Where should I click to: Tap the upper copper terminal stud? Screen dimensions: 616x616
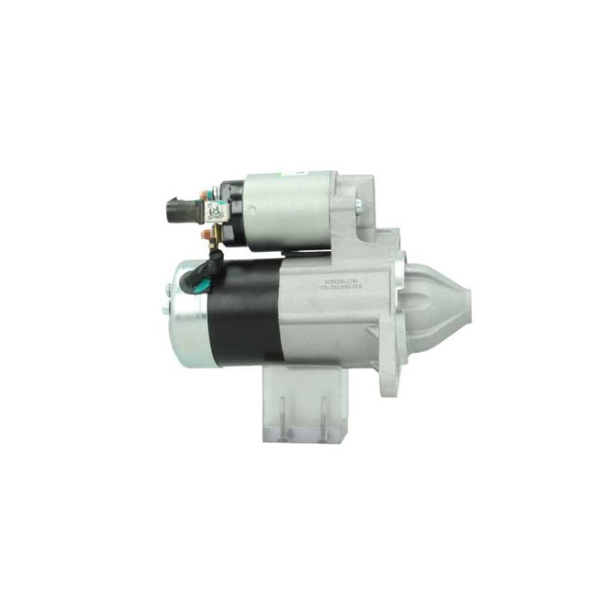click(206, 193)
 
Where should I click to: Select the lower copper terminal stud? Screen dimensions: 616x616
click(206, 233)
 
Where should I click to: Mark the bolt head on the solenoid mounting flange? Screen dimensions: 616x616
click(358, 204)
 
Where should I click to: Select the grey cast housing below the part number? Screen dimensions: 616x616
click(331, 323)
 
